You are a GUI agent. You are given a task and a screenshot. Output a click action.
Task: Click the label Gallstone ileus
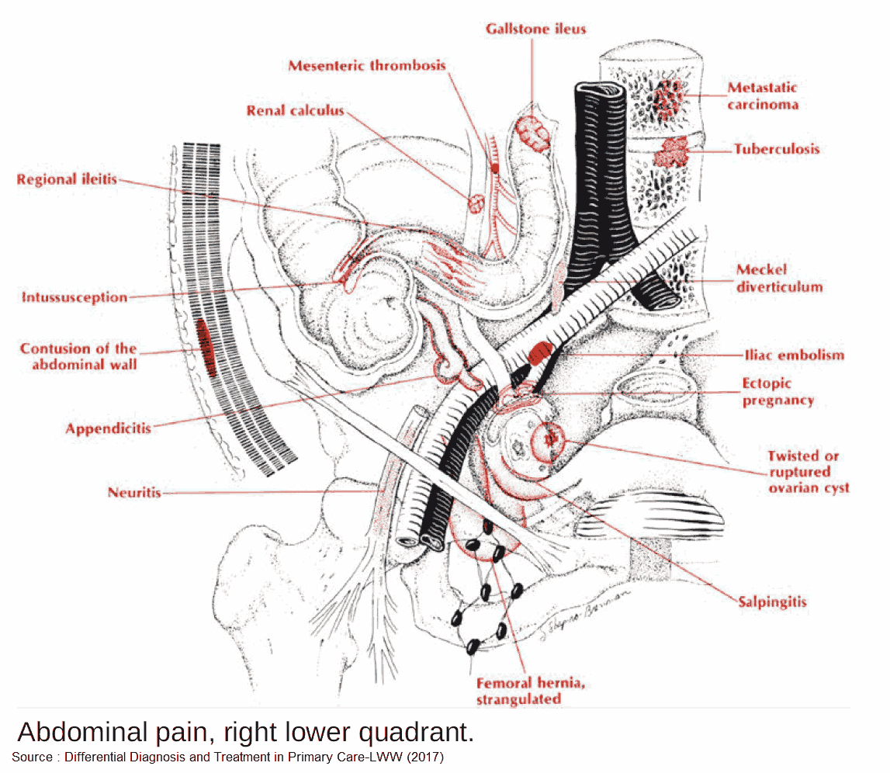[x=535, y=29]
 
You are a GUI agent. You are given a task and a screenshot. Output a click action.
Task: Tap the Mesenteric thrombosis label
[x=367, y=65]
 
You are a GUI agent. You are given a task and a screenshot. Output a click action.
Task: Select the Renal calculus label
[x=295, y=111]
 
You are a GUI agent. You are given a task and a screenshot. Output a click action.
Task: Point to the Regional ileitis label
[x=67, y=180]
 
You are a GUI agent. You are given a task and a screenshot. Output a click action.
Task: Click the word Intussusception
[x=74, y=297]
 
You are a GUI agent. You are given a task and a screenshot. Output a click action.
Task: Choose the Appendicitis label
[x=108, y=428]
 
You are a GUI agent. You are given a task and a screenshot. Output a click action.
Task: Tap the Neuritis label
[x=135, y=492]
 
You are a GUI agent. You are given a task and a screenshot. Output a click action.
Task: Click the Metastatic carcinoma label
[x=762, y=96]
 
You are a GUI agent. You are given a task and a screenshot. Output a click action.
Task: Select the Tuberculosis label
[x=777, y=148]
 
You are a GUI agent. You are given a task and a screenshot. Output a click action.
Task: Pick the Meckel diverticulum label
[x=778, y=278]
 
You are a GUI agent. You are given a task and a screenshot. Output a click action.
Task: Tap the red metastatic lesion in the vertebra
[x=667, y=98]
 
